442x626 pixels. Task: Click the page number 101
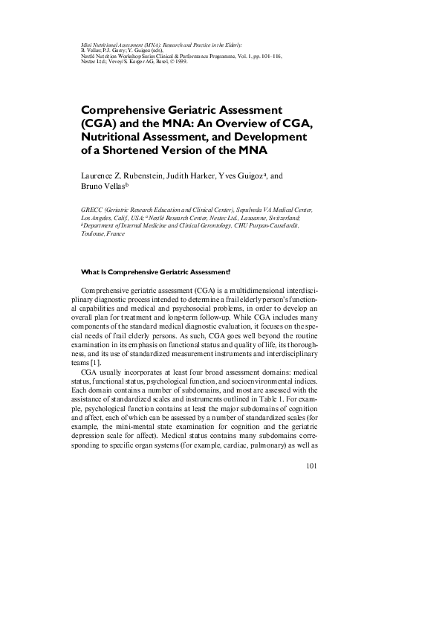pos(311,467)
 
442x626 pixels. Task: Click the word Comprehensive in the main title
pos(131,109)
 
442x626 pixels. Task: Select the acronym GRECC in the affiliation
pos(91,211)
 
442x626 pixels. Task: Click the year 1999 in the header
pos(179,62)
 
